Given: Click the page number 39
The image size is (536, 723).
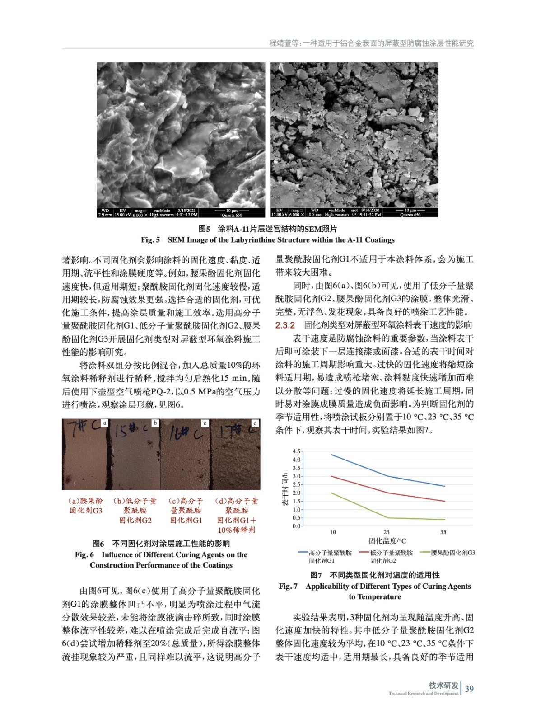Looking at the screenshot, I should click(470, 689).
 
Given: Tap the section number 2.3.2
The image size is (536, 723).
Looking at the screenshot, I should click(285, 325).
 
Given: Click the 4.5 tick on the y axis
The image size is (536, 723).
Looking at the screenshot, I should click(296, 451).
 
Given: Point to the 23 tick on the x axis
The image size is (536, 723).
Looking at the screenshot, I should click(387, 532).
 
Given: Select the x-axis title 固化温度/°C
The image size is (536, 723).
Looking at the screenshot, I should click(387, 541).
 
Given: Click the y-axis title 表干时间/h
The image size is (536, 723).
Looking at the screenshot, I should click(285, 489).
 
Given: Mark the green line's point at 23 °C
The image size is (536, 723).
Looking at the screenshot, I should click(387, 518).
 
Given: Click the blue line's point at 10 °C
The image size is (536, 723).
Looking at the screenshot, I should click(331, 455).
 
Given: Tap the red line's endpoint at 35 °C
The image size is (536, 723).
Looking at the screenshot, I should click(445, 501).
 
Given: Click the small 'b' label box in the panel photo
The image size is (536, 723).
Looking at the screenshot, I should click(155, 423).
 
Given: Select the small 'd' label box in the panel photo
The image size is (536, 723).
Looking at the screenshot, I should click(255, 423).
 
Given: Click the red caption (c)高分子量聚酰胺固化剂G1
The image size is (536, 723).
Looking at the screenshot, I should click(186, 511).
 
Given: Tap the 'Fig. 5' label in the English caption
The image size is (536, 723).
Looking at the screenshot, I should click(150, 240).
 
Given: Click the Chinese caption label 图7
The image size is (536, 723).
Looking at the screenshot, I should click(316, 575).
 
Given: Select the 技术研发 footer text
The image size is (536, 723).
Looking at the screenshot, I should click(443, 685).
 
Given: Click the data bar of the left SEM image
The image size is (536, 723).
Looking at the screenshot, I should click(181, 213).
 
